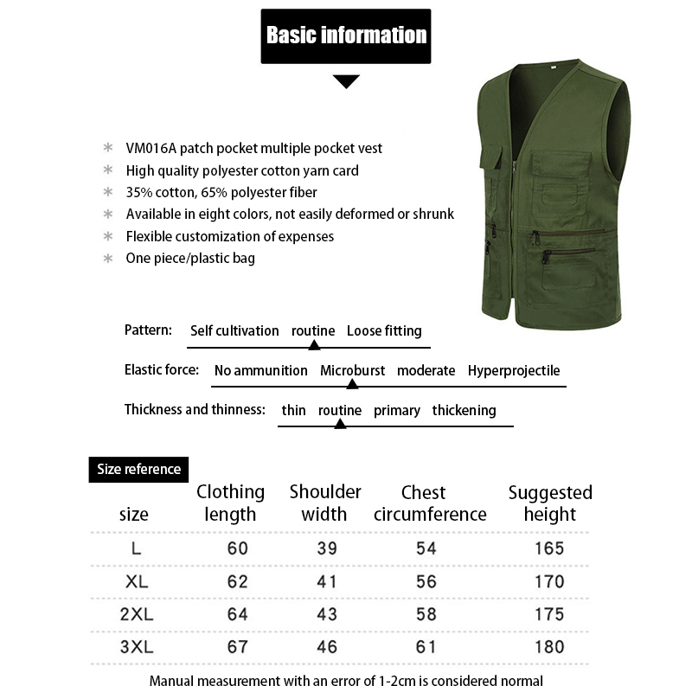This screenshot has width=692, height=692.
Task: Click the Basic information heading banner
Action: [x=346, y=35]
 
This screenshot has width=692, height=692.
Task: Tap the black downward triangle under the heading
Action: [x=346, y=81]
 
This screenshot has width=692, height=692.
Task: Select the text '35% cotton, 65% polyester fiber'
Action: [x=221, y=192]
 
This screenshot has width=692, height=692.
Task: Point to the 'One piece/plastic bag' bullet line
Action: [x=190, y=258]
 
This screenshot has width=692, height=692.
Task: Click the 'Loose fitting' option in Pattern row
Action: [x=384, y=330]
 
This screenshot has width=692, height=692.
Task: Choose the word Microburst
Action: [x=352, y=370]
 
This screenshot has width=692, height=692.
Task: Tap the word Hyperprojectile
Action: [x=514, y=370]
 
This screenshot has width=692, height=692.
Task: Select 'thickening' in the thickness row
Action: [x=464, y=410]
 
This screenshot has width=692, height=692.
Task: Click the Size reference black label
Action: [x=138, y=469]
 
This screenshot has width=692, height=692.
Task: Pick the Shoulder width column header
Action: [x=325, y=503]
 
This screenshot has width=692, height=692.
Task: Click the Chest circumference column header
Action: [x=430, y=503]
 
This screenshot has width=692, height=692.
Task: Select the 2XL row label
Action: [x=136, y=614]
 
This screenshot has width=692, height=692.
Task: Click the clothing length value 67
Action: [x=237, y=646]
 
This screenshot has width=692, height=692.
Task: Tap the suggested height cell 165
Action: [x=549, y=548]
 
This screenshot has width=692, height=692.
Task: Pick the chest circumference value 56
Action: [x=426, y=581]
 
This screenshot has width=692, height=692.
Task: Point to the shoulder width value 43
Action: [x=326, y=614]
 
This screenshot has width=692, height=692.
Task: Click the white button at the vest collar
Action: [x=552, y=67]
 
